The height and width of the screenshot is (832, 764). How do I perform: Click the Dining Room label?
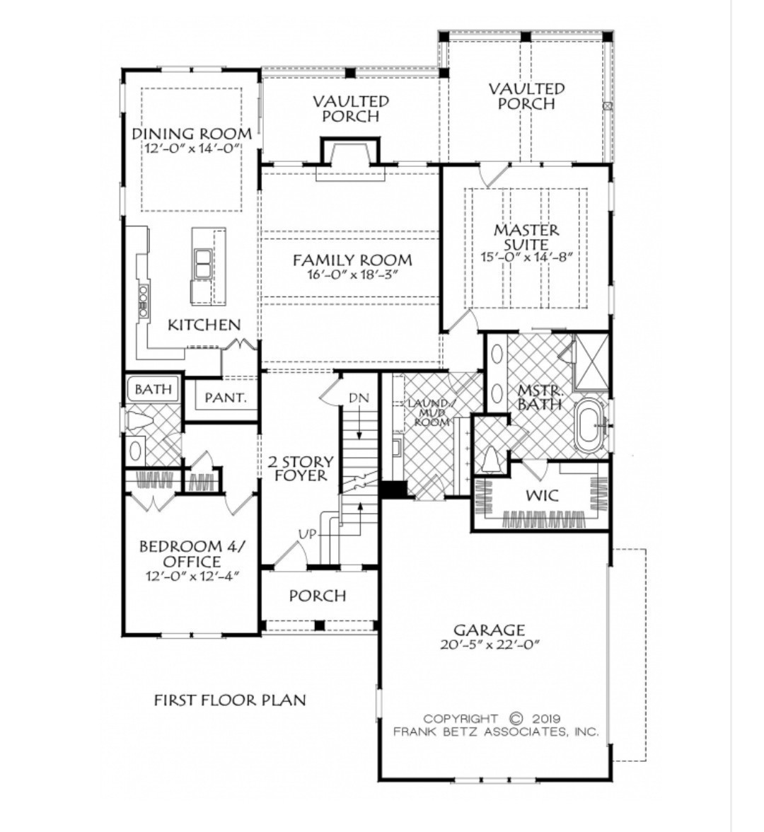[x=192, y=134]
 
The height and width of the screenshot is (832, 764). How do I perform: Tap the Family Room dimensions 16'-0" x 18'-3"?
[x=352, y=276]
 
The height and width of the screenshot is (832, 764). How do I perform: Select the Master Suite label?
[x=526, y=237]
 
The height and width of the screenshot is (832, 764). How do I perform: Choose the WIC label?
[x=541, y=495]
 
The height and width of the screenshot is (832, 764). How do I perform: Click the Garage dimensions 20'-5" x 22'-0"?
[x=489, y=645]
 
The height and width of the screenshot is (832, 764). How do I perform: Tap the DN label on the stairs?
[x=359, y=398]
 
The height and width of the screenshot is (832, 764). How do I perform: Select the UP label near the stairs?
[x=307, y=534]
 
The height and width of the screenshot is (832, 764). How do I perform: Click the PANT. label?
[x=226, y=398]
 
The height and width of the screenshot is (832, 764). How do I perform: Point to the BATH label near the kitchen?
[x=153, y=389]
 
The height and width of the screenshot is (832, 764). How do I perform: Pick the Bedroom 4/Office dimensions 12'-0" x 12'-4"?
[x=189, y=576]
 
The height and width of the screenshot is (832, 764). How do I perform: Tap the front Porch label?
[x=318, y=596]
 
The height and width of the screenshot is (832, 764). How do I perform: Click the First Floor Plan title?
[x=230, y=700]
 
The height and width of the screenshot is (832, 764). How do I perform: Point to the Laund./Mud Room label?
[x=429, y=412]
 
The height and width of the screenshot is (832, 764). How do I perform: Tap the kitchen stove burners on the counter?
[x=144, y=300]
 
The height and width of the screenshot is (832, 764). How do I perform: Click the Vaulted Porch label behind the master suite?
[x=526, y=96]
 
